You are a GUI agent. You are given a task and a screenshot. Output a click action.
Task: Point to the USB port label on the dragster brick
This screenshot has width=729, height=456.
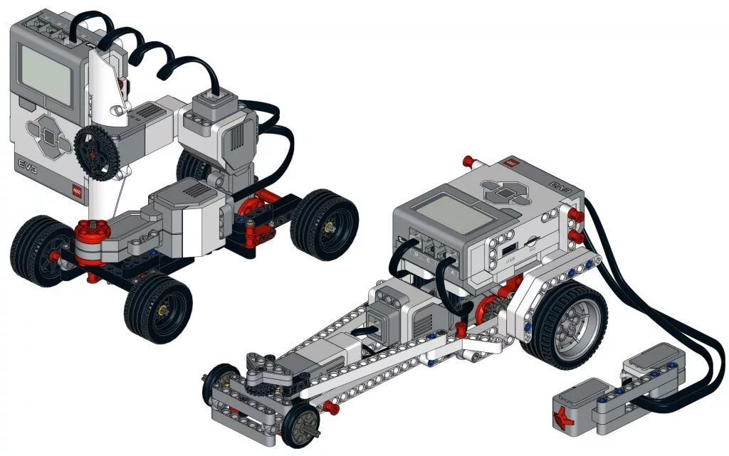coord(510,260)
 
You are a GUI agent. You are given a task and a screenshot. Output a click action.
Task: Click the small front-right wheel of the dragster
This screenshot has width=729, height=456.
coord(299,424)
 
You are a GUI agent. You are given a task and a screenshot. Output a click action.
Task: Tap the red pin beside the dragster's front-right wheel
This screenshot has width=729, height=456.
coord(329,407)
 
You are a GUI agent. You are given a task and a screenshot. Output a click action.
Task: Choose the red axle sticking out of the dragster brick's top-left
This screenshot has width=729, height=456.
coord(468,159)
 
